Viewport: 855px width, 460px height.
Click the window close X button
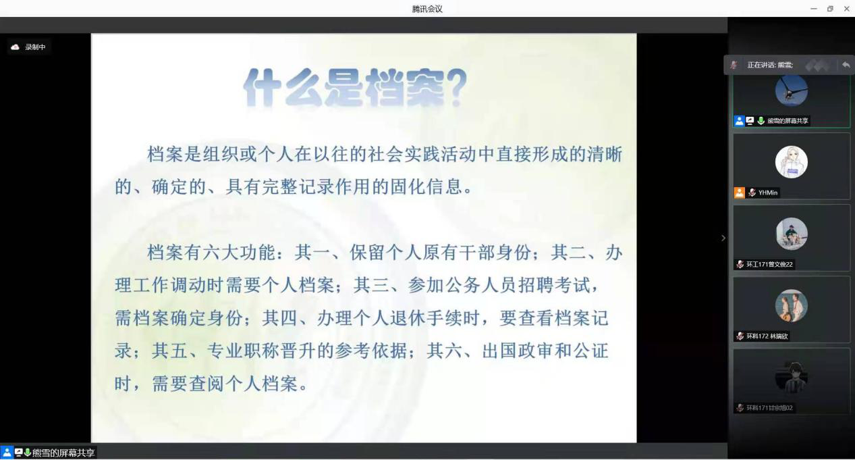(846, 9)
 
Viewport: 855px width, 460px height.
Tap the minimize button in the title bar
(814, 9)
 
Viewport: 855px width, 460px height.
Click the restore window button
(830, 9)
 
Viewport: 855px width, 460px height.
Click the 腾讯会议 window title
(427, 9)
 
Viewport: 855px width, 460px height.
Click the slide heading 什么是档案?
(355, 88)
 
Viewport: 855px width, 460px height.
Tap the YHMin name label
(767, 193)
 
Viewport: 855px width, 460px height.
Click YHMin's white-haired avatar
(792, 162)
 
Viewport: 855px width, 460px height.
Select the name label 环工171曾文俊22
(769, 264)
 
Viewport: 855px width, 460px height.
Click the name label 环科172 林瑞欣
(767, 336)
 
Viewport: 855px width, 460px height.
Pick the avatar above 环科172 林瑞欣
(792, 305)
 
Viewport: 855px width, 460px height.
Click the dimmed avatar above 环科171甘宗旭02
(792, 378)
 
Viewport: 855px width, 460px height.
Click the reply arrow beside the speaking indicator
(846, 65)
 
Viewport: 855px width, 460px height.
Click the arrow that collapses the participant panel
(723, 238)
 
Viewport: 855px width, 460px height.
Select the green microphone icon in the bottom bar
(28, 453)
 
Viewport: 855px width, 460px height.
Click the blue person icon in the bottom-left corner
(7, 453)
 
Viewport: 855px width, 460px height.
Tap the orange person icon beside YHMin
(740, 193)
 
